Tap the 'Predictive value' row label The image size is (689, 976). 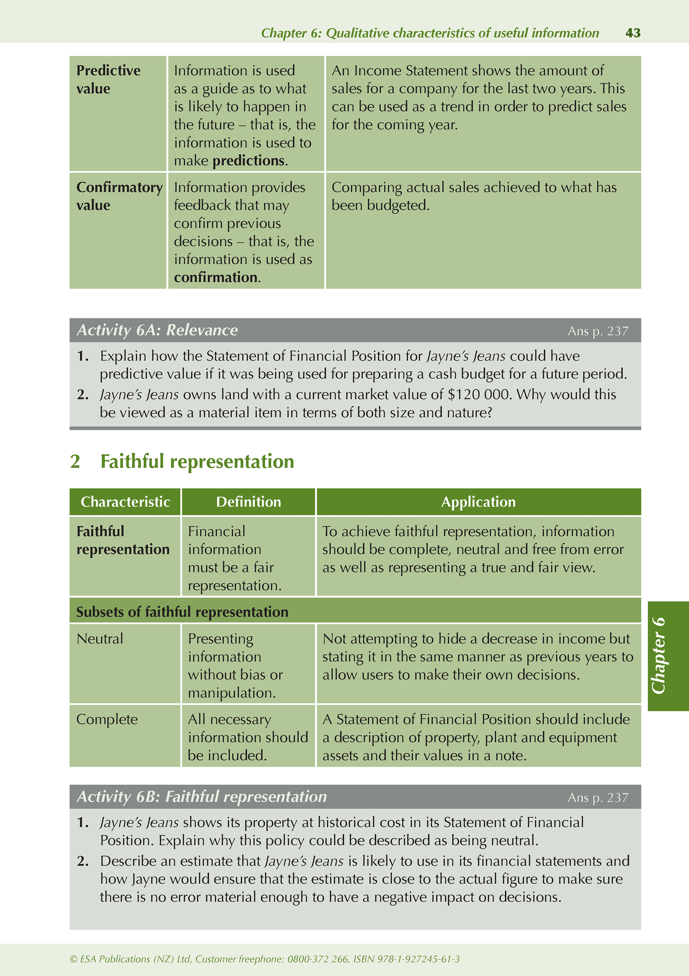(x=108, y=80)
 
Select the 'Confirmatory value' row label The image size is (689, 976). (x=119, y=196)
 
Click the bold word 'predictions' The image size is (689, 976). (x=249, y=161)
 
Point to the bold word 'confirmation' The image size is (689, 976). (x=216, y=277)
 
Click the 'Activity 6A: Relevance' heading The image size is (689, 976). (x=157, y=330)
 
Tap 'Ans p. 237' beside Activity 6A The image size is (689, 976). (x=598, y=331)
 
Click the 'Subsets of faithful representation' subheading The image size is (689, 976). (x=182, y=612)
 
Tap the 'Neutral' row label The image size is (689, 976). (x=100, y=638)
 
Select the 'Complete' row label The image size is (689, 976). (x=107, y=719)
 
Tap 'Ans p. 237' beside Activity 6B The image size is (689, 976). (x=598, y=797)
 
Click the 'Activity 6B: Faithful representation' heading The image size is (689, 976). (x=201, y=797)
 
